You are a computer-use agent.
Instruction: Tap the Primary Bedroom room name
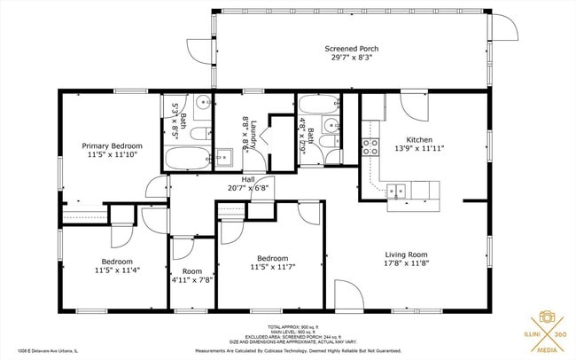(x=112, y=145)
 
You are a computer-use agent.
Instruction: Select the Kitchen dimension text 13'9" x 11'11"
(x=418, y=149)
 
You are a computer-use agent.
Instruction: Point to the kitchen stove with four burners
(x=370, y=147)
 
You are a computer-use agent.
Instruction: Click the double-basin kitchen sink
(x=397, y=189)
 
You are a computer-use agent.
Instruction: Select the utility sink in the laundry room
(x=222, y=159)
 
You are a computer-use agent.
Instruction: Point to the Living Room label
(x=406, y=254)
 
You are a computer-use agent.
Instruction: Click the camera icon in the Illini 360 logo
(x=547, y=318)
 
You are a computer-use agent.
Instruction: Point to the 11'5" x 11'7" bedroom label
(x=273, y=263)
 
